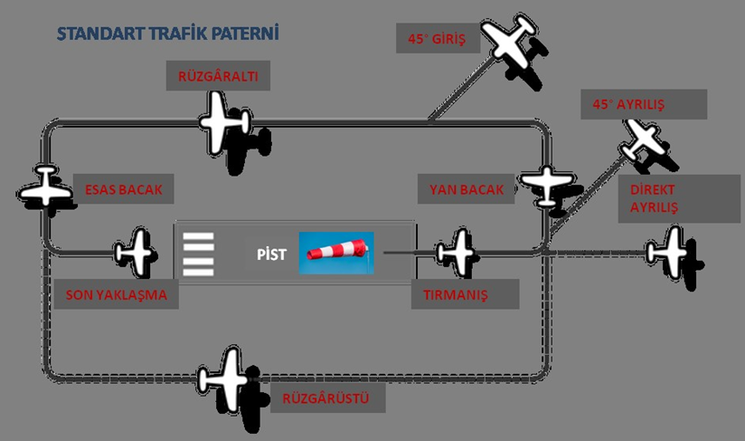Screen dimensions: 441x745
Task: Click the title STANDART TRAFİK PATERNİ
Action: click(x=167, y=34)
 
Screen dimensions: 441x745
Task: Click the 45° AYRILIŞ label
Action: click(x=629, y=104)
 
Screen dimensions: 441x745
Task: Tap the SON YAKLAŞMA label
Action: click(x=118, y=294)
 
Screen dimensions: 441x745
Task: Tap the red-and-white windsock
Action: click(x=337, y=250)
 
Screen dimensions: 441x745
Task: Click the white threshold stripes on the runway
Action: click(x=199, y=254)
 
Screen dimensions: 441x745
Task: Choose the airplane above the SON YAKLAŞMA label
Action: click(x=136, y=251)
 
